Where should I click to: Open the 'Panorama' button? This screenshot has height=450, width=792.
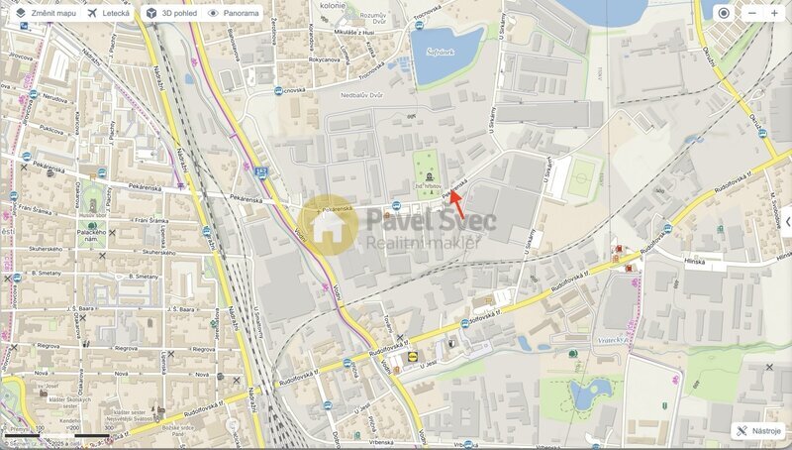[234, 14]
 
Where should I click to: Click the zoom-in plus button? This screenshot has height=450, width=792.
[774, 13]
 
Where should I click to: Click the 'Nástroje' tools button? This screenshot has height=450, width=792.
[759, 431]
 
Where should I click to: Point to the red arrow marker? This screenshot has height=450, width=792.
[464, 204]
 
